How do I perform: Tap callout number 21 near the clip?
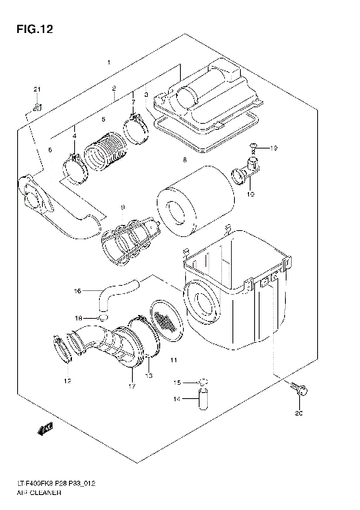click(34, 91)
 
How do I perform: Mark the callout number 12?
click(67, 382)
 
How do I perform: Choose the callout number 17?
click(132, 387)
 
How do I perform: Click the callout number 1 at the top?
click(109, 61)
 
